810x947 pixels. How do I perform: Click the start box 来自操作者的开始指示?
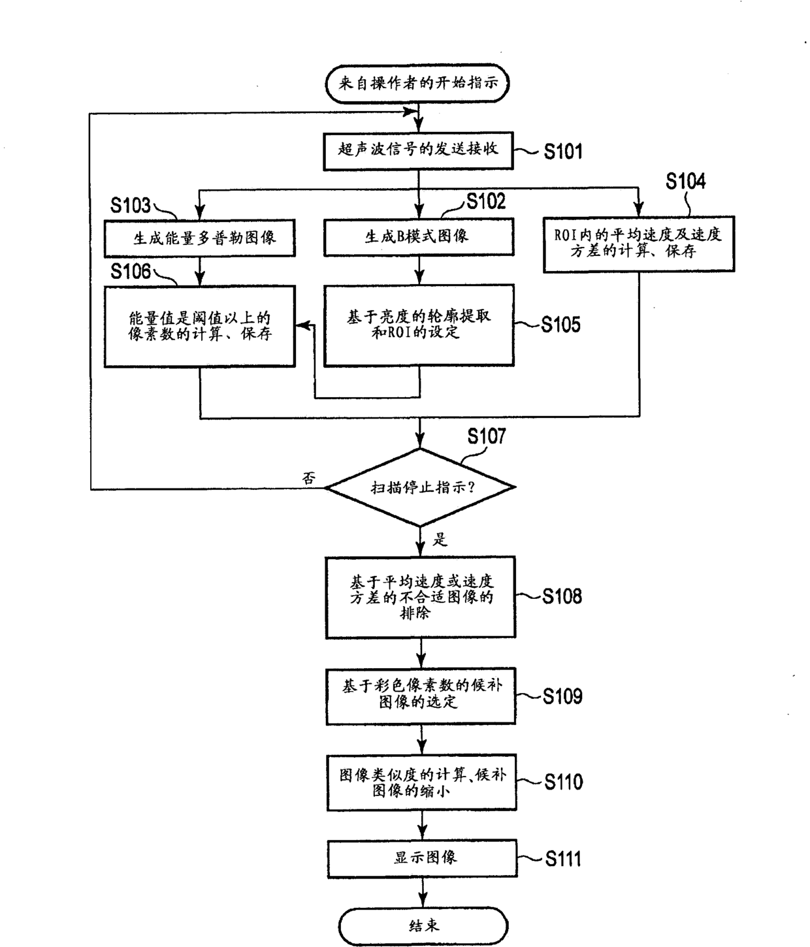[417, 84]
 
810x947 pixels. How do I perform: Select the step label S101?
[563, 152]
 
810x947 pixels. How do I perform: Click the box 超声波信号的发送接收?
[418, 151]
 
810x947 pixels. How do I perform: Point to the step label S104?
[685, 182]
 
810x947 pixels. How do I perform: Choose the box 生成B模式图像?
[419, 236]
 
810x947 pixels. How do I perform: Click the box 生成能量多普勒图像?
[200, 238]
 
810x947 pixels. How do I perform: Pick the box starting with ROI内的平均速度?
[639, 244]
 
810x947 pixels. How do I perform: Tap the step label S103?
[131, 205]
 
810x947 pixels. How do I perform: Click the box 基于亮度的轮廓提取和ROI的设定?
[419, 325]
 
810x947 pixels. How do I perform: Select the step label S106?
[131, 272]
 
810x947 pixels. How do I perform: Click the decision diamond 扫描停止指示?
[419, 487]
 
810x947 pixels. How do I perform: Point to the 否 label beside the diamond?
[309, 478]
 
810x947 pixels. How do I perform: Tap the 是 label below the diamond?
[440, 539]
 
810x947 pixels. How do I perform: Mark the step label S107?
[487, 436]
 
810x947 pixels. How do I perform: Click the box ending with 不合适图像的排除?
[421, 597]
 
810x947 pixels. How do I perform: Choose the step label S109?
[562, 696]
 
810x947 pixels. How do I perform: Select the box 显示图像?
[423, 858]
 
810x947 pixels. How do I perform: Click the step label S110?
[564, 782]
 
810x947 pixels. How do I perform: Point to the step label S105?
[560, 325]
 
